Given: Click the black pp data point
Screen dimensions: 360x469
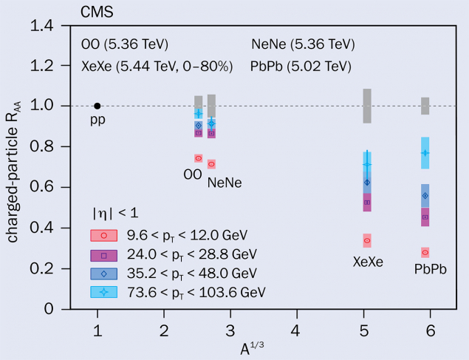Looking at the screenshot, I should click(x=97, y=106).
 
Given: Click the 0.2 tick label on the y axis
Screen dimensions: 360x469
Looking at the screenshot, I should click(x=44, y=268).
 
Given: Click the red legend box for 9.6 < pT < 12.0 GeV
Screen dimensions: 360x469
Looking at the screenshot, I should click(x=104, y=235).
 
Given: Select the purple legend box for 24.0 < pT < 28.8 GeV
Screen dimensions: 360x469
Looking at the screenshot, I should click(x=104, y=254).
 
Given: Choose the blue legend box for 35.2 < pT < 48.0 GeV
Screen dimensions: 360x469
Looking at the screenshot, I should click(x=104, y=273).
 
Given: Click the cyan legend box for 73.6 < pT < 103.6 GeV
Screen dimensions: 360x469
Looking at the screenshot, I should click(x=104, y=291).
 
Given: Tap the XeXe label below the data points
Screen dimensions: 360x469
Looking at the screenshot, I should click(x=367, y=262).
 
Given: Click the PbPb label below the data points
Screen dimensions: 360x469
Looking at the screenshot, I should click(x=431, y=269).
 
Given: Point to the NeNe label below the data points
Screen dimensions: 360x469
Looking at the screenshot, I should click(x=225, y=182).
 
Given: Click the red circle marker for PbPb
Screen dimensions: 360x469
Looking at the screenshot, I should click(x=425, y=252).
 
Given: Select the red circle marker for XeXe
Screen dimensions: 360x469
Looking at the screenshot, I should click(x=367, y=240).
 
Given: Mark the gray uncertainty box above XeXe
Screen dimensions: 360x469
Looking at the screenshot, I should click(x=367, y=106).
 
